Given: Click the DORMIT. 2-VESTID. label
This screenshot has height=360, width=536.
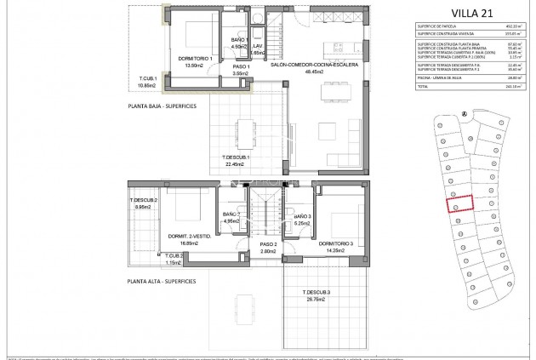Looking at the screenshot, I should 189,235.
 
